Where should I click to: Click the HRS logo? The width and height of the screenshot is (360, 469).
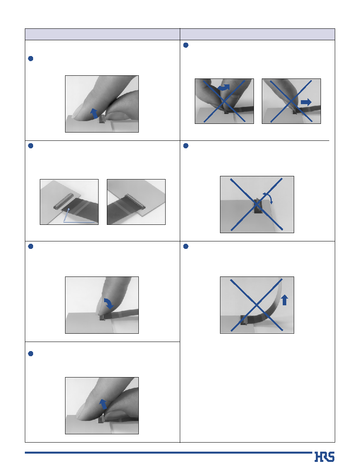[325, 457]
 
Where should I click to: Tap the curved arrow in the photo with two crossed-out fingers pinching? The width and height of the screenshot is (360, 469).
[223, 87]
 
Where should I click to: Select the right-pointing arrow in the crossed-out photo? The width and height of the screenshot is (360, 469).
[306, 102]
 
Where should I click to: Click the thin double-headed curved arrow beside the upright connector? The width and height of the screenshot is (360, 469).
[268, 197]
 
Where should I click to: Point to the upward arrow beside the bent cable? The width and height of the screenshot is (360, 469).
[285, 300]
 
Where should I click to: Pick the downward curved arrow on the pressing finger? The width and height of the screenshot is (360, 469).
[108, 303]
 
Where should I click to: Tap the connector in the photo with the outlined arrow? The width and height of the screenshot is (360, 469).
[63, 201]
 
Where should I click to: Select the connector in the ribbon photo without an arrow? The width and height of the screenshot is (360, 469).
[135, 201]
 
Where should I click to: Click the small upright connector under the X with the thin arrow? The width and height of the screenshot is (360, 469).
[257, 206]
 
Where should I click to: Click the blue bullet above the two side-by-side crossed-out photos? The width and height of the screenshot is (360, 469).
[186, 45]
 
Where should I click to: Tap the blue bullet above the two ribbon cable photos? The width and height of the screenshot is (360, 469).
[30, 146]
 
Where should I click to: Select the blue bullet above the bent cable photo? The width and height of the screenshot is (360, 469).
[186, 246]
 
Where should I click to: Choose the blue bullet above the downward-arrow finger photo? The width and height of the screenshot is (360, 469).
[30, 246]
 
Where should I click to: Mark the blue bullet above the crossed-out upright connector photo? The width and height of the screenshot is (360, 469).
[186, 146]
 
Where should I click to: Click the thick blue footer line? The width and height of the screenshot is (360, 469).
[168, 452]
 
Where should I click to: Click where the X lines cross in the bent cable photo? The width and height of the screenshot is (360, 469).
[257, 305]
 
